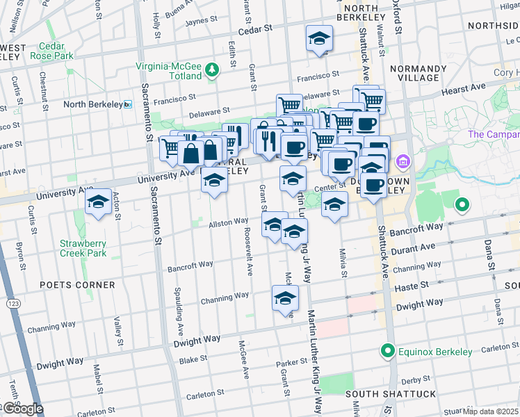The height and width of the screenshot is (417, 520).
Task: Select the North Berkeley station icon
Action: pos(128,104)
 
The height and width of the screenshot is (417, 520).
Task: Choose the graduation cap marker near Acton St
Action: pos(98,202)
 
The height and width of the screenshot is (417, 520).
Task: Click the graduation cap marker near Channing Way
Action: pos(285,298)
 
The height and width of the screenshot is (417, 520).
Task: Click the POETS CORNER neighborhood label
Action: pos(77,285)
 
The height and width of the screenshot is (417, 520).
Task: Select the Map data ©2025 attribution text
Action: pos(490,411)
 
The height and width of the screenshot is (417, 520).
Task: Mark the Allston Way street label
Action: pos(229,222)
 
